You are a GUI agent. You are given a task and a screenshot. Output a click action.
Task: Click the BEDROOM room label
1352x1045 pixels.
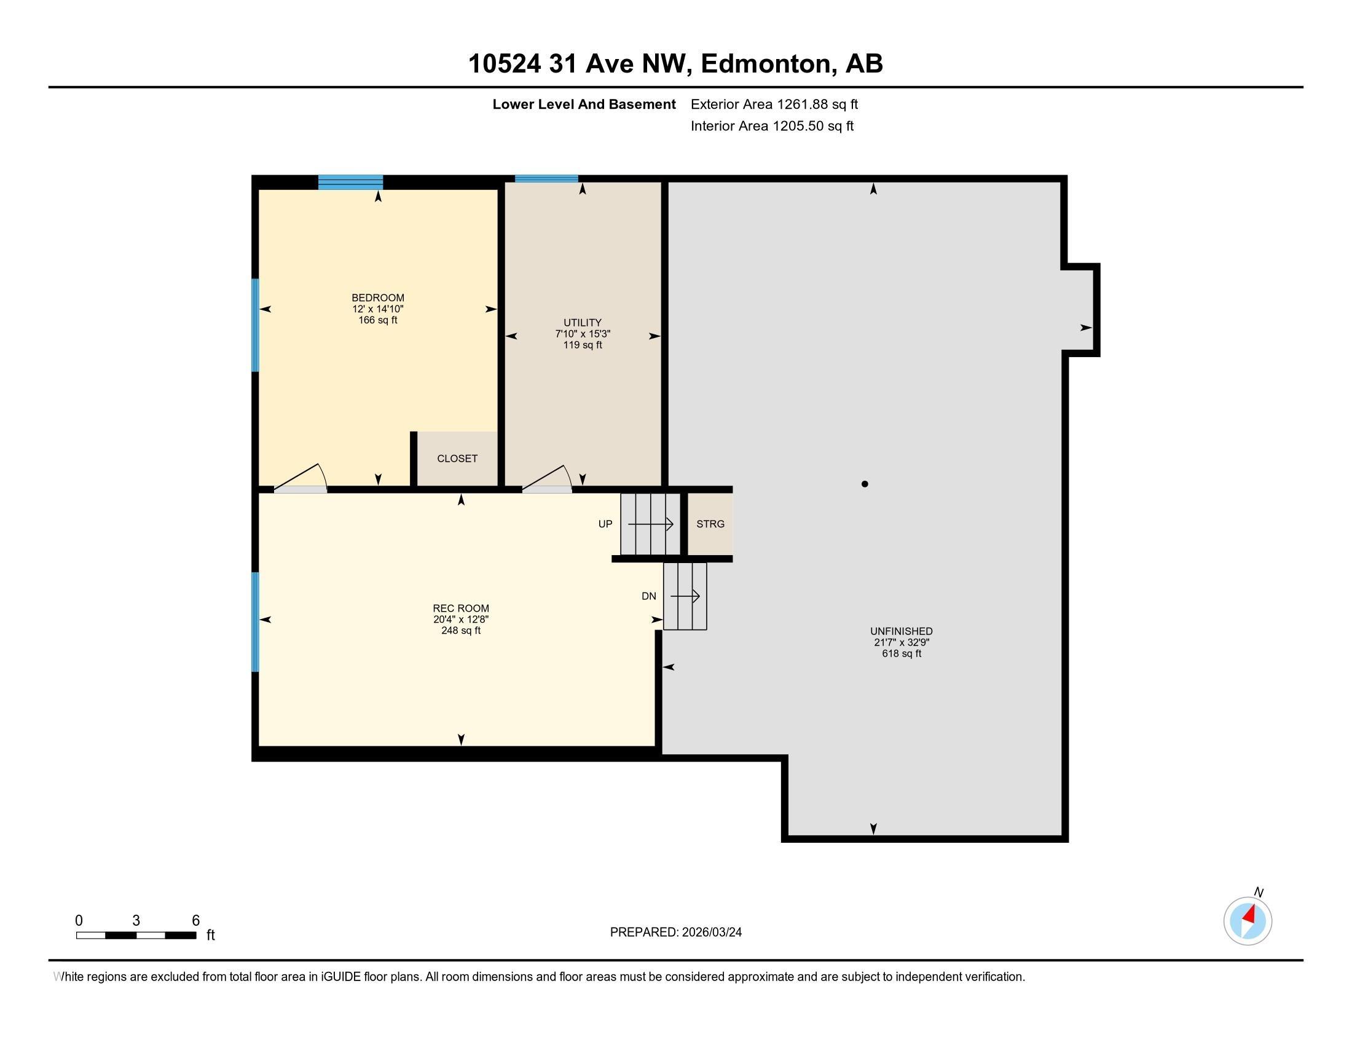click(x=377, y=298)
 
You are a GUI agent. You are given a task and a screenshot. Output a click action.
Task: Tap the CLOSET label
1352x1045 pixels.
click(x=457, y=459)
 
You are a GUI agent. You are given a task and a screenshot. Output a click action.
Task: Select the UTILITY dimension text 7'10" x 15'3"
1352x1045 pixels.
click(x=582, y=334)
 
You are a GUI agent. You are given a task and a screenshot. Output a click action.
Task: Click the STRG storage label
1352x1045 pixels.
click(x=710, y=524)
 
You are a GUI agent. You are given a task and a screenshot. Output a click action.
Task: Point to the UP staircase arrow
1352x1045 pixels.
click(x=651, y=524)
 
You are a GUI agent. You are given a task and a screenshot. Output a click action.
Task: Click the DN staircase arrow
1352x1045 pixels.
click(x=685, y=596)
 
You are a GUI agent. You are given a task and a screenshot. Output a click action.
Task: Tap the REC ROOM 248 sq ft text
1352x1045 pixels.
click(x=460, y=630)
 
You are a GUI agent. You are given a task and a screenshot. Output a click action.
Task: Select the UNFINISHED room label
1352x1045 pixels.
click(x=901, y=631)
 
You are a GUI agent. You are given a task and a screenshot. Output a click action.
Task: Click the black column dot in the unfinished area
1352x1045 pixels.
click(x=864, y=484)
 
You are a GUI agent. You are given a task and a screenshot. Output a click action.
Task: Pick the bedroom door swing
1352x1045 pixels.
click(x=302, y=478)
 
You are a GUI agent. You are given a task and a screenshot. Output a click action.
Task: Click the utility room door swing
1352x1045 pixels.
click(x=548, y=478)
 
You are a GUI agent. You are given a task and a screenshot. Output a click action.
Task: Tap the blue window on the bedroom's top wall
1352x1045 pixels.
click(x=350, y=182)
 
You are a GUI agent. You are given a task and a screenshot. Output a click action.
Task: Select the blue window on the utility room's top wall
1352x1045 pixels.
click(x=546, y=179)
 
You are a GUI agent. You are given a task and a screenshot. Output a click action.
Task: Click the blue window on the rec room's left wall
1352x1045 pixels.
click(x=255, y=621)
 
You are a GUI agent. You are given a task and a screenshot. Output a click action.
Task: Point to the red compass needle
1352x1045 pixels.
click(x=1249, y=915)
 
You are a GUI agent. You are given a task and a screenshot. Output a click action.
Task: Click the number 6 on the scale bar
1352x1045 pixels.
click(x=195, y=921)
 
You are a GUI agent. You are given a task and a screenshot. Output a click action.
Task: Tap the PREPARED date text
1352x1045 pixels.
click(x=675, y=933)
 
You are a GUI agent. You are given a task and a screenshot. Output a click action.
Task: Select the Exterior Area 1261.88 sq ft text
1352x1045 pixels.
click(x=774, y=104)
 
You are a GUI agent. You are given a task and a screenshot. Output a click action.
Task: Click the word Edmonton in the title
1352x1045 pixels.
click(x=765, y=64)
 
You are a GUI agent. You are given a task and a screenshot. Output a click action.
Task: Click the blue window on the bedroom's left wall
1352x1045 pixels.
click(x=255, y=325)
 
